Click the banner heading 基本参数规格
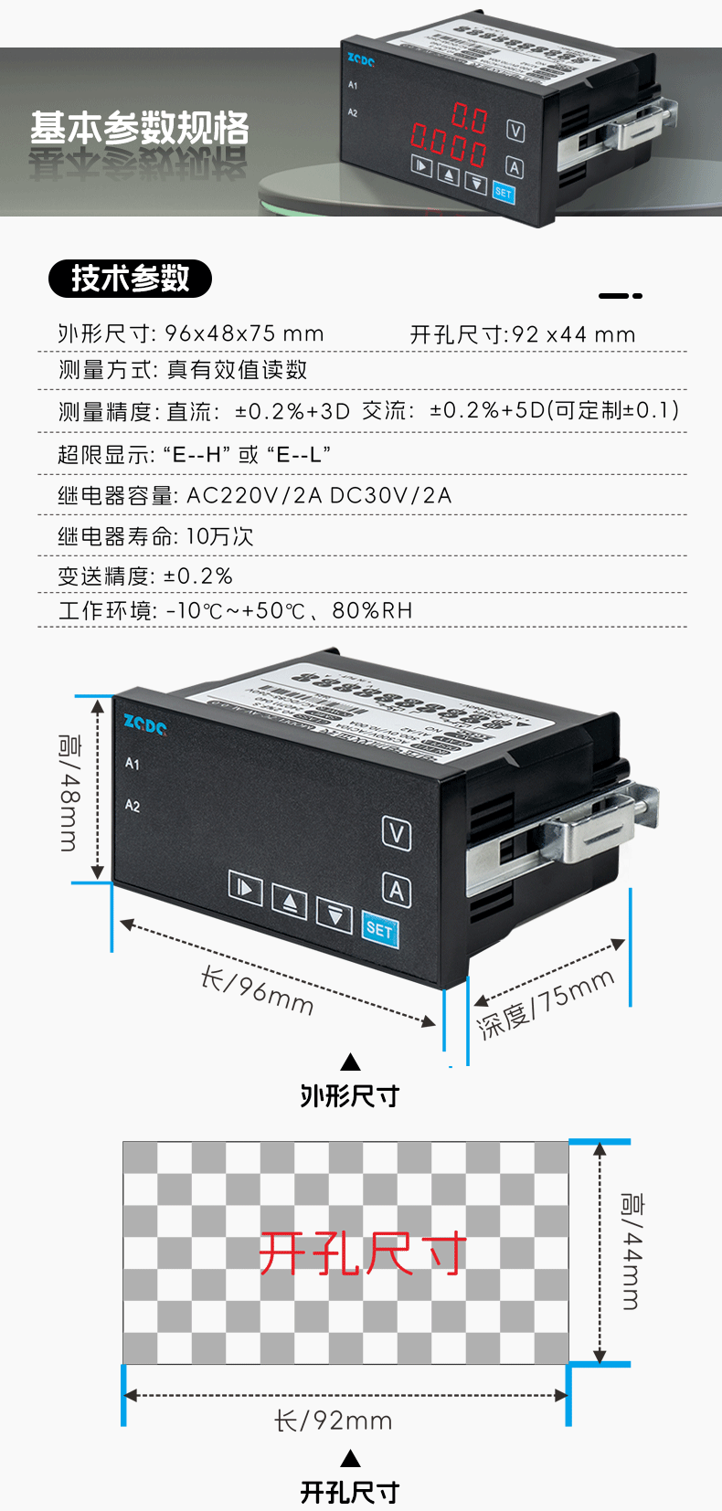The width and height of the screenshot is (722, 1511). (140, 128)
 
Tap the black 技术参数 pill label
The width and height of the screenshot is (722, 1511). (130, 279)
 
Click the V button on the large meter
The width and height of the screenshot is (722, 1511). (396, 833)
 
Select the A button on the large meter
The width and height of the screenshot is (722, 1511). (396, 890)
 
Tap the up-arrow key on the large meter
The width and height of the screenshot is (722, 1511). (290, 903)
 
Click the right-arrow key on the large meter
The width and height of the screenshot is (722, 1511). (245, 888)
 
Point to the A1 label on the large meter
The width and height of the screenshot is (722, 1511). (133, 764)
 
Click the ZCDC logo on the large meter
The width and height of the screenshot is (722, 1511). (144, 725)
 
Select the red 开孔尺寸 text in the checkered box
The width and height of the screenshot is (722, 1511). (362, 1252)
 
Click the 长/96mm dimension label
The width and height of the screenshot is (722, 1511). (258, 992)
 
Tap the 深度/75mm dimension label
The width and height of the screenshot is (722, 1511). (546, 1003)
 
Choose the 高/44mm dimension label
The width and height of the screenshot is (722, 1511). (632, 1251)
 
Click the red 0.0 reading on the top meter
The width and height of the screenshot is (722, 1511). (470, 117)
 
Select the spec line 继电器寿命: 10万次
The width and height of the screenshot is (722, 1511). (155, 536)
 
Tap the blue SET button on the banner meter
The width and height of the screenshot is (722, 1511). (504, 192)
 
